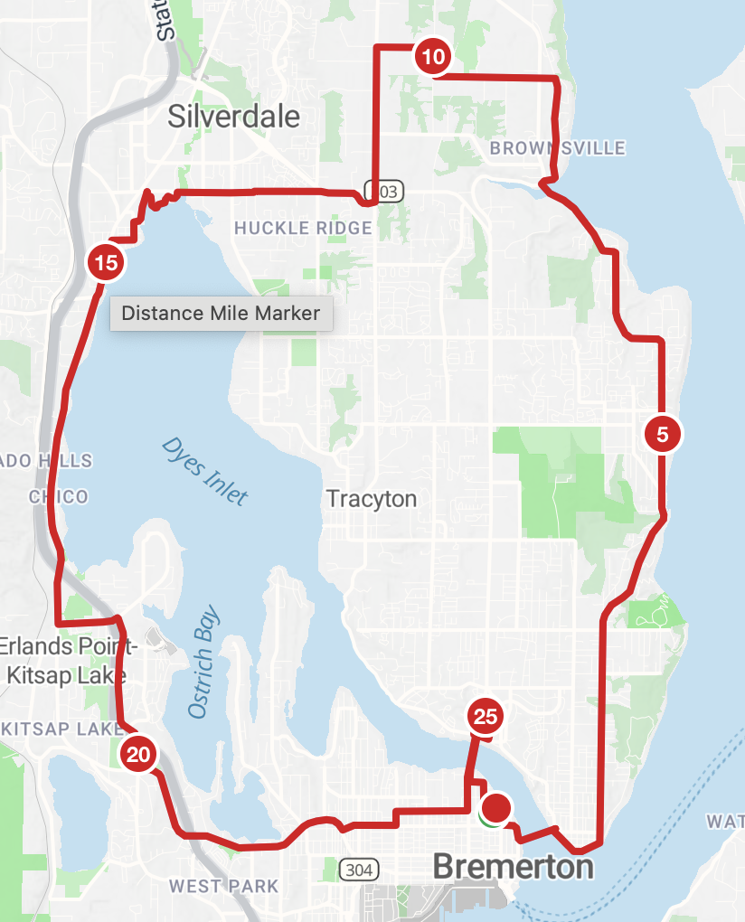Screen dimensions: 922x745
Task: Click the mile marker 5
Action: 662,435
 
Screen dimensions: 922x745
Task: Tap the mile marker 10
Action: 433,58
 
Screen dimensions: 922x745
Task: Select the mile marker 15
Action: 105,264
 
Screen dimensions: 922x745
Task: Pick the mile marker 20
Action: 138,754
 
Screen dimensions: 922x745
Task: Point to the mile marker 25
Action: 486,717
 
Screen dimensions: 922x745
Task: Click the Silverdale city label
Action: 234,116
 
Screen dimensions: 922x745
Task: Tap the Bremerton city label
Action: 513,867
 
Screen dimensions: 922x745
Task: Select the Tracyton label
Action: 372,498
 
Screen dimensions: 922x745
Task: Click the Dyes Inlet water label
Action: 204,471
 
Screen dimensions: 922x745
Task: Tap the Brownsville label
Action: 557,147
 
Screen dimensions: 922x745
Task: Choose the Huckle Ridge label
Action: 303,228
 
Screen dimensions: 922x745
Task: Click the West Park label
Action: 223,886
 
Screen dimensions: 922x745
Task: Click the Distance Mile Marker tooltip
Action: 222,314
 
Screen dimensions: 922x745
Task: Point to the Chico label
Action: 59,496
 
